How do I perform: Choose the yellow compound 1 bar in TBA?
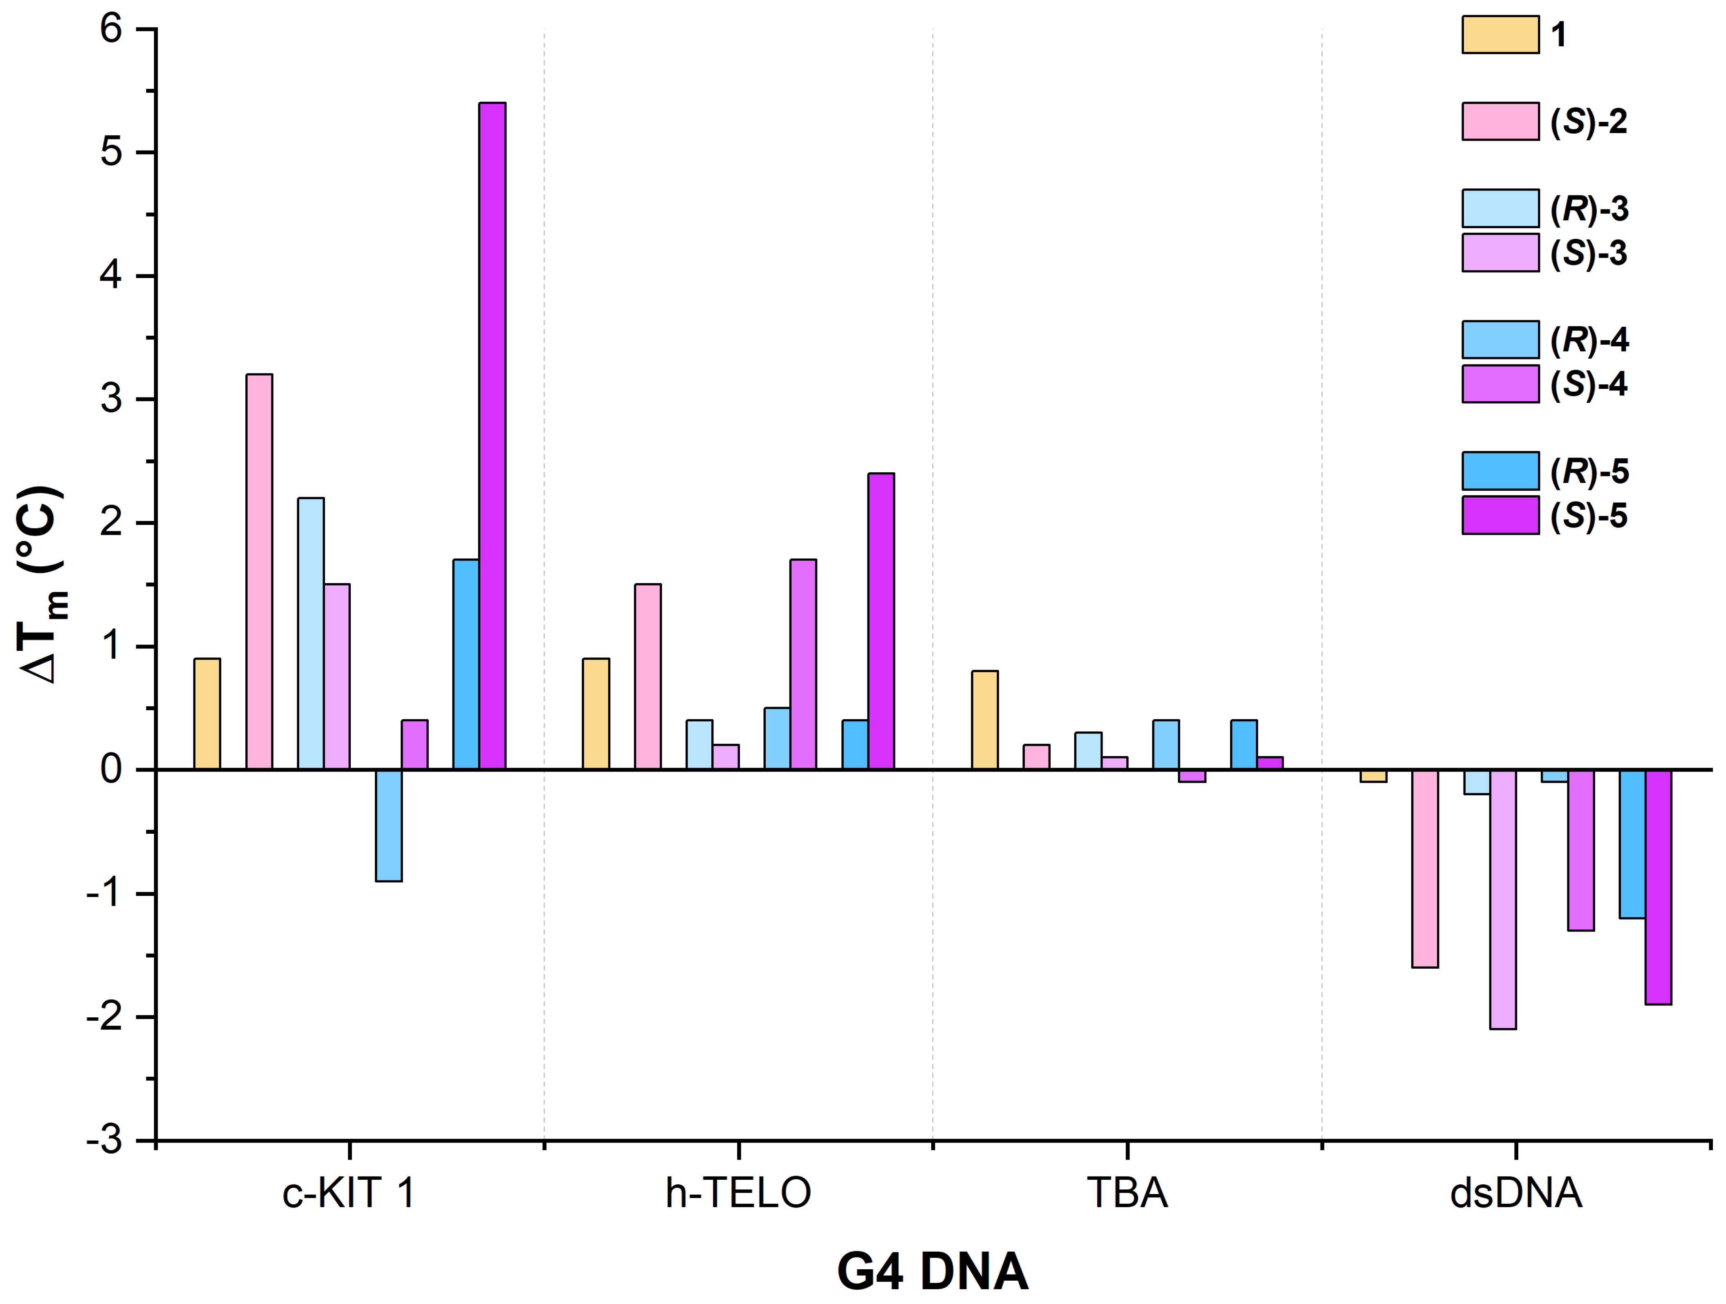point(985,720)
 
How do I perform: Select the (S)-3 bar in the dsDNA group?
point(1503,899)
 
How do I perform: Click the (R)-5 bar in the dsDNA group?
point(1632,844)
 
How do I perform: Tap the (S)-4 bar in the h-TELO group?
point(803,664)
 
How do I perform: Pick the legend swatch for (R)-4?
point(1500,339)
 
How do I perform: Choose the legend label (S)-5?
point(1589,516)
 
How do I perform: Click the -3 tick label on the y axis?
point(105,1140)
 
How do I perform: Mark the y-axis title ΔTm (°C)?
point(43,585)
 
